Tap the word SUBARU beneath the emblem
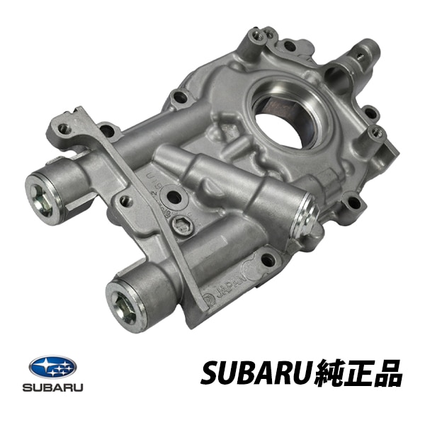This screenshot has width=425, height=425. coord(52,388)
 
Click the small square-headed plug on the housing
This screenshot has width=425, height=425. coord(182,225)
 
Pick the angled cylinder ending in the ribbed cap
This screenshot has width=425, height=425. coord(234,191)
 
